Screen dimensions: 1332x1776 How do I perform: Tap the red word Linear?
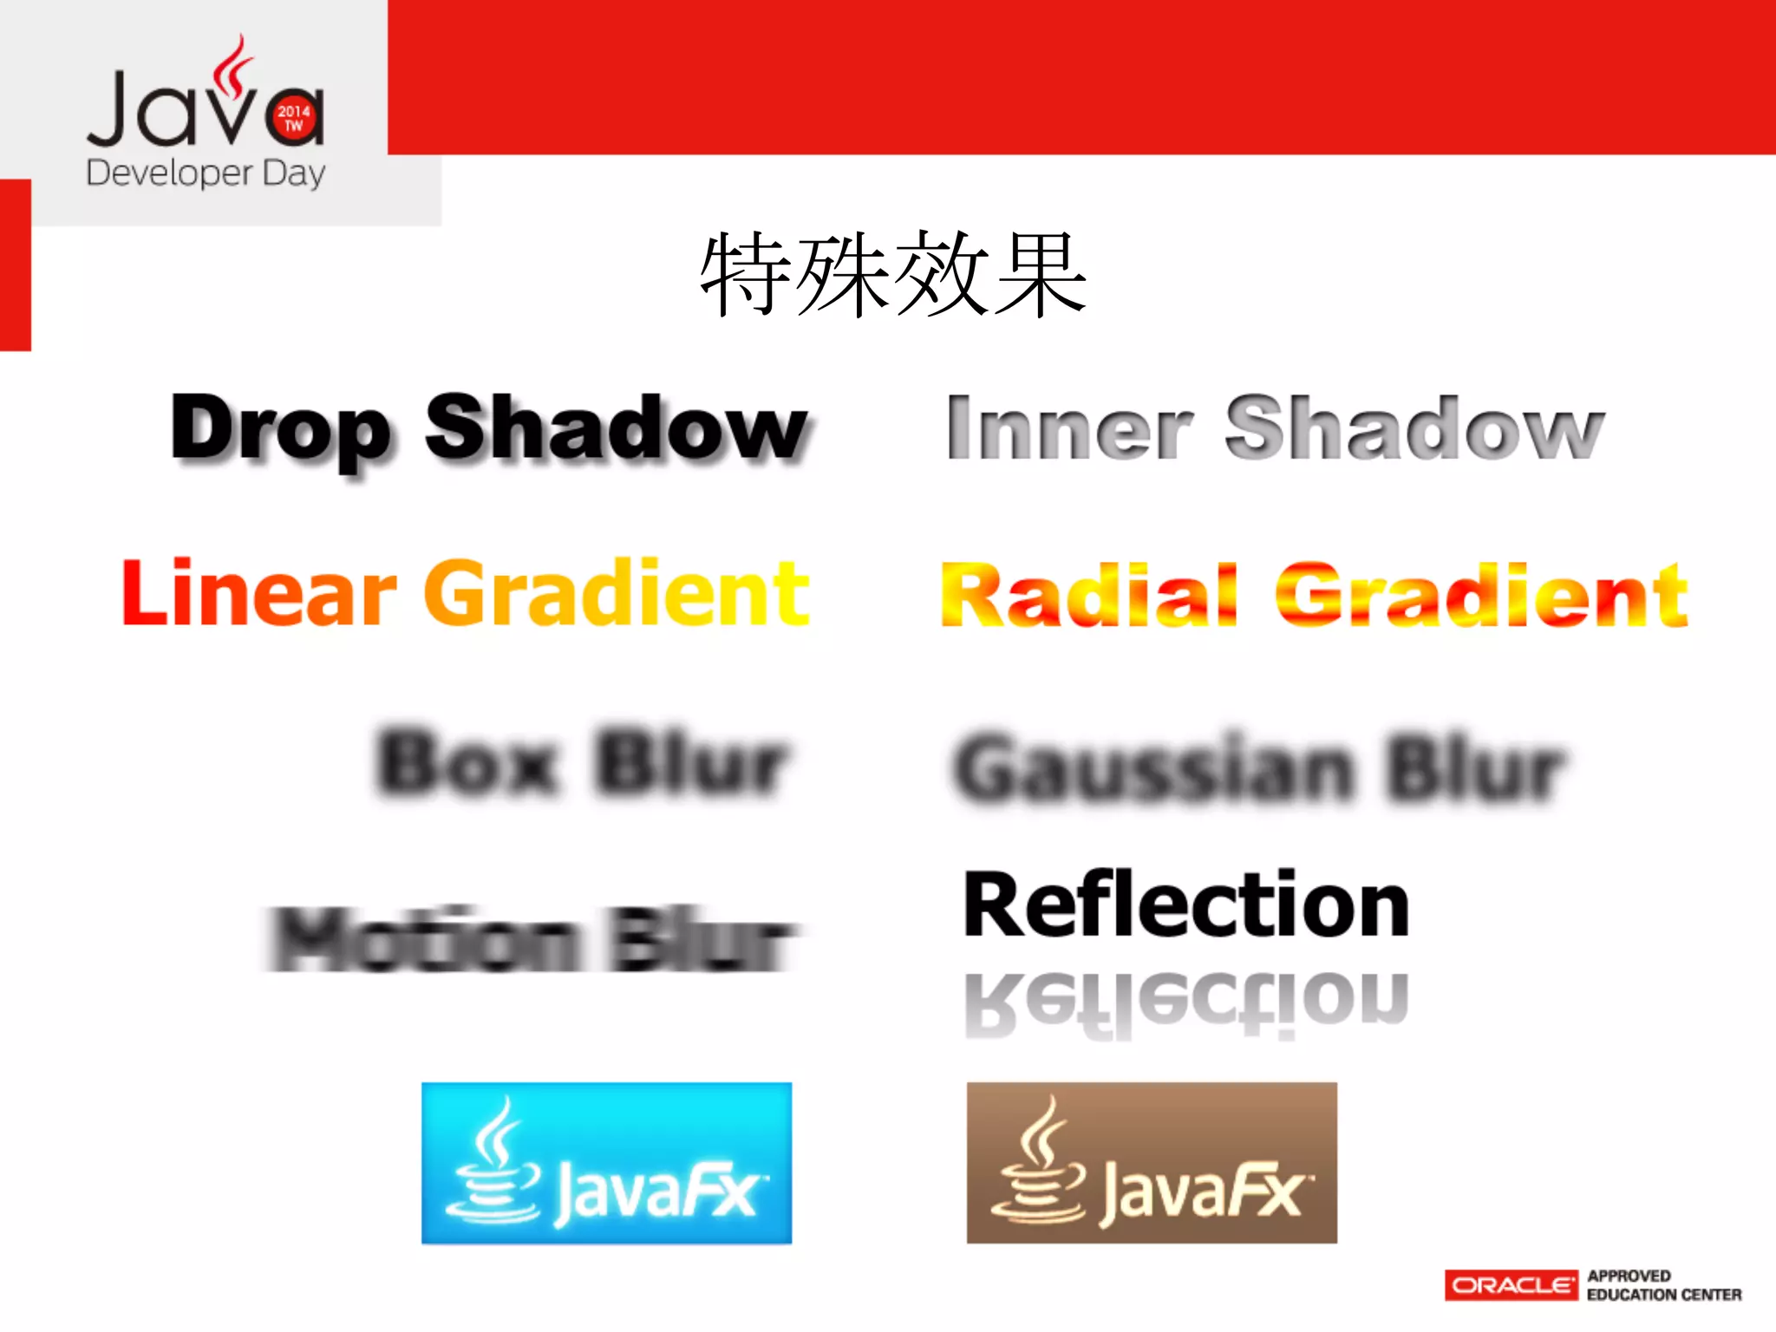258,593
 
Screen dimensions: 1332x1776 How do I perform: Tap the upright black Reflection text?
1186,906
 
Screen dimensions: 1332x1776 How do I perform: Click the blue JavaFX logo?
606,1163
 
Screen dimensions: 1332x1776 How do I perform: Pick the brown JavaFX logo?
1152,1163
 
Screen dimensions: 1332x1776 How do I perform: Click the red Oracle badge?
1511,1285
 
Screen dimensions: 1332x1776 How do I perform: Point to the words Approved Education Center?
1663,1285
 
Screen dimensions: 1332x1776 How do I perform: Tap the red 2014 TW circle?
294,118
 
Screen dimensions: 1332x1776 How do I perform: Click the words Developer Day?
206,173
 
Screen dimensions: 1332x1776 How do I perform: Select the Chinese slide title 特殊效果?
893,275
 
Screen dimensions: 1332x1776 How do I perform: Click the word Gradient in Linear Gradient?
617,593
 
